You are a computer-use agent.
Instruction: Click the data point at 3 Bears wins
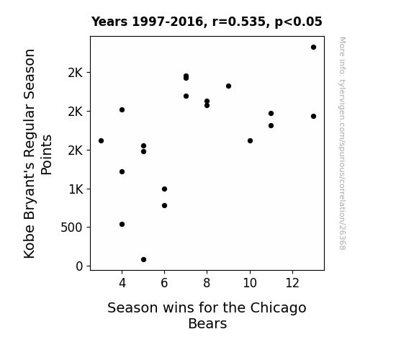[x=101, y=141]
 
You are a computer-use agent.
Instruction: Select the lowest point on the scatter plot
[x=143, y=260]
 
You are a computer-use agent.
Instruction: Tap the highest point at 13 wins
[x=313, y=48]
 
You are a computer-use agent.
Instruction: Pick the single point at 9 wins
[x=229, y=86]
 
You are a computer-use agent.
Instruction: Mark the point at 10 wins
[x=250, y=141]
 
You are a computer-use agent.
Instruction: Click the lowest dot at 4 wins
[x=122, y=224]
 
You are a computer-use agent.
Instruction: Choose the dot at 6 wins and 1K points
[x=164, y=189]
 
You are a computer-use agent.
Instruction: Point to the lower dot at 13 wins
[x=313, y=116]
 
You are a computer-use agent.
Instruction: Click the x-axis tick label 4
[x=122, y=283]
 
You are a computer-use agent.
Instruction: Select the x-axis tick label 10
[x=250, y=283]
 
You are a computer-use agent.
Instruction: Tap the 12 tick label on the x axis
[x=292, y=283]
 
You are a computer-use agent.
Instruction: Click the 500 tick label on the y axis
[x=71, y=228]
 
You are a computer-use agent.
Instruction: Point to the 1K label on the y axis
[x=76, y=189]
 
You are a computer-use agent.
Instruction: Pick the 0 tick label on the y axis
[x=79, y=266]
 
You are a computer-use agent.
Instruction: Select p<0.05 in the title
[x=298, y=22]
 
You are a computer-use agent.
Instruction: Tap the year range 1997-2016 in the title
[x=168, y=22]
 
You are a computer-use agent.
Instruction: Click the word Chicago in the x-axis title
[x=278, y=308]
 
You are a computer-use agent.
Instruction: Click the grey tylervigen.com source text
[x=342, y=143]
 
